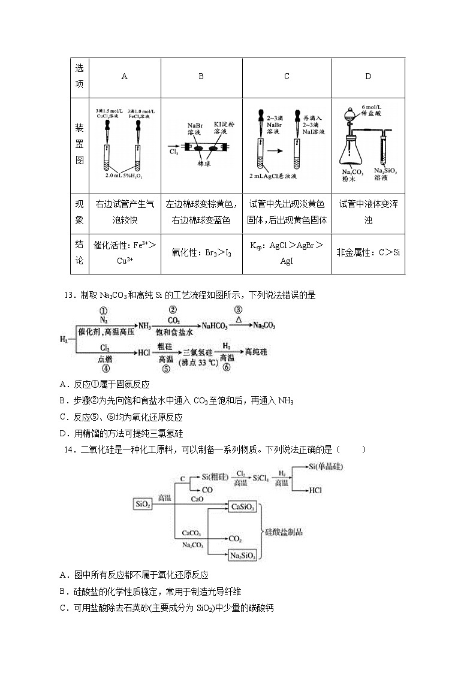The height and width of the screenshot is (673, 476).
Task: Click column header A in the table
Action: click(124, 76)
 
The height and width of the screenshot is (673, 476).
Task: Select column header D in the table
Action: click(368, 76)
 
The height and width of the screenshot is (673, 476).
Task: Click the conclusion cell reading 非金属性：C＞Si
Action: click(368, 252)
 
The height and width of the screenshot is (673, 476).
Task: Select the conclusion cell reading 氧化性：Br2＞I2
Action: click(201, 252)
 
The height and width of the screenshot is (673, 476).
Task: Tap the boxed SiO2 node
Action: click(142, 504)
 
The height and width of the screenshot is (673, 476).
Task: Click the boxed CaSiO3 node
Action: click(243, 507)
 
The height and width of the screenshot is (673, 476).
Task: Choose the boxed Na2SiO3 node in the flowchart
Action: click(243, 556)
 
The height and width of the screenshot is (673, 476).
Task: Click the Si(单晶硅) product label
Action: click(326, 466)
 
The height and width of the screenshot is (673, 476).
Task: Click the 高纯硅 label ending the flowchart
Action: click(258, 352)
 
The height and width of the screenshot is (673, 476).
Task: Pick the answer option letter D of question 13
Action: click(63, 434)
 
